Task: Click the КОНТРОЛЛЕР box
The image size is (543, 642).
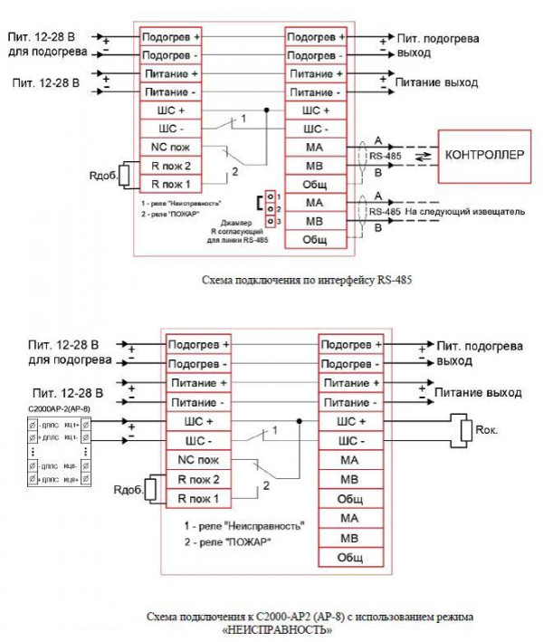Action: pos(484,155)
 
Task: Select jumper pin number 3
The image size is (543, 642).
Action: pos(270,222)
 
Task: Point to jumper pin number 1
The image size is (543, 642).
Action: pos(270,196)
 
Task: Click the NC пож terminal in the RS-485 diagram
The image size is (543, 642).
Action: pos(168,147)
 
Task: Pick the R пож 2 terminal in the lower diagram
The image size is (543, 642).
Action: pos(197,479)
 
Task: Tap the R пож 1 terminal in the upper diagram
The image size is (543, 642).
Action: pos(168,184)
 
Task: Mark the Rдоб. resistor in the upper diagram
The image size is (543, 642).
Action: pos(130,175)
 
